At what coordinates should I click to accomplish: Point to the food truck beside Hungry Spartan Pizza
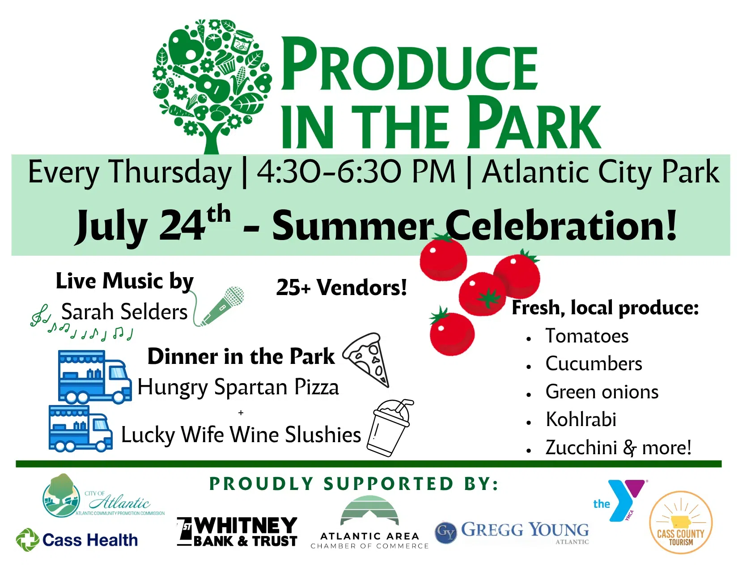pyautogui.click(x=95, y=377)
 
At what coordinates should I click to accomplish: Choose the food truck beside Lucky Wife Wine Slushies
pyautogui.click(x=81, y=428)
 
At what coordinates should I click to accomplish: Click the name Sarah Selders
pyautogui.click(x=124, y=312)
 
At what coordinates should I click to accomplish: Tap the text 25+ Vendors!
pyautogui.click(x=341, y=287)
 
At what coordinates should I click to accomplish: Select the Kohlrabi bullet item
pyautogui.click(x=581, y=419)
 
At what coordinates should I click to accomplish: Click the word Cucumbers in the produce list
pyautogui.click(x=594, y=363)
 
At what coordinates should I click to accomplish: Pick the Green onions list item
pyautogui.click(x=602, y=392)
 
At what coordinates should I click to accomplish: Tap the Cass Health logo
pyautogui.click(x=77, y=540)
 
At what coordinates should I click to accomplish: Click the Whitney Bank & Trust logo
pyautogui.click(x=237, y=532)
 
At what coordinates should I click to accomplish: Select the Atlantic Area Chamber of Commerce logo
pyautogui.click(x=369, y=523)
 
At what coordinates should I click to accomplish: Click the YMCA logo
pyautogui.click(x=621, y=500)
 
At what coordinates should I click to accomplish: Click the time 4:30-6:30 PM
pyautogui.click(x=356, y=172)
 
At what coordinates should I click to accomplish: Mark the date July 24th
pyautogui.click(x=153, y=224)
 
